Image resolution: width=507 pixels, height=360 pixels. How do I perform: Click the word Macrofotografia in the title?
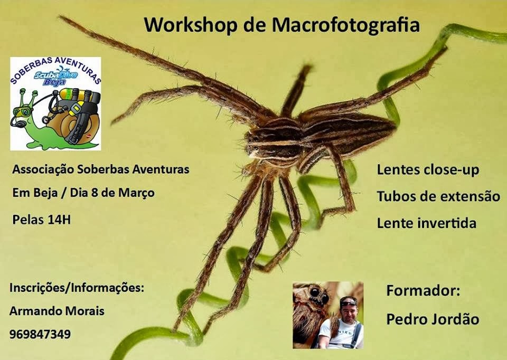pos(345,25)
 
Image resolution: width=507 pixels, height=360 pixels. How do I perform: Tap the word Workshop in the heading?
pos(191,25)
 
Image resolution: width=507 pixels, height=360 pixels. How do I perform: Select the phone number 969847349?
pos(40,334)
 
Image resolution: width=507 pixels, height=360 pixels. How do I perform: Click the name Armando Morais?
pos(57,311)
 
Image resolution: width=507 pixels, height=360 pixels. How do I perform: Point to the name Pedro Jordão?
pos(433,319)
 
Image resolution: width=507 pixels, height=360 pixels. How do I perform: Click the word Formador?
pos(423,290)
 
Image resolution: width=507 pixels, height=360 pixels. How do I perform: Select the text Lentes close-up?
pos(428,170)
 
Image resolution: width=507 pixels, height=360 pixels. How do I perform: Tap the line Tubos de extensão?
pos(438,196)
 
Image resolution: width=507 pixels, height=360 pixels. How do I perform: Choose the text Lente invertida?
pos(427,223)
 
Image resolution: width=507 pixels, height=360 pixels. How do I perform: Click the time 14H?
pos(59,220)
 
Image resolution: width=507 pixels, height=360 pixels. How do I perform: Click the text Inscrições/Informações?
pos(77,288)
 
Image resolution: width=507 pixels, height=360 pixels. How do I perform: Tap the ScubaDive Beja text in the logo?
pos(55,77)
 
